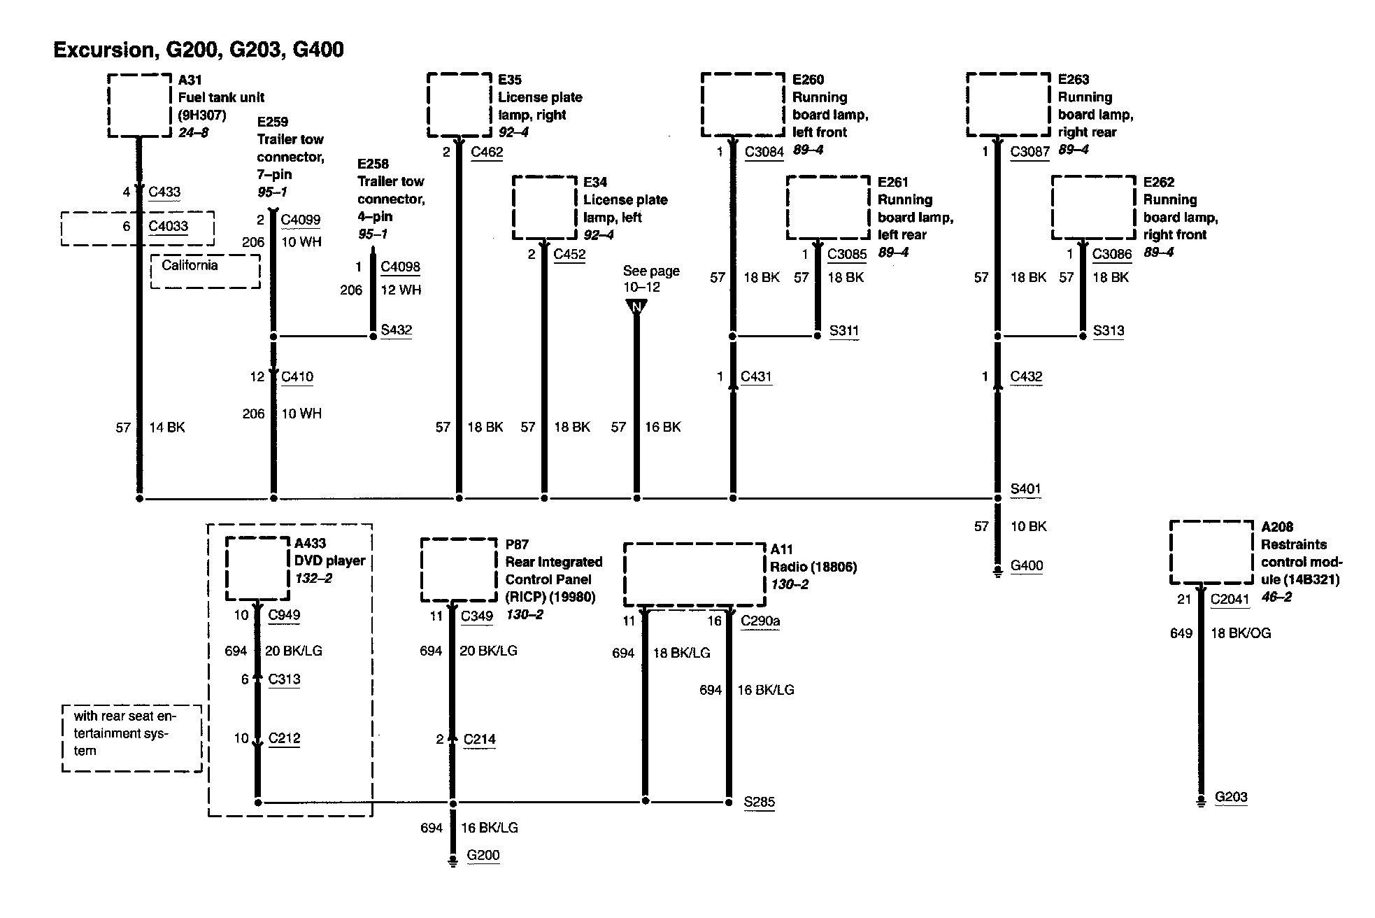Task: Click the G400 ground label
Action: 1027,565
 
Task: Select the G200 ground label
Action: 483,855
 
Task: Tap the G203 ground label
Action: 1231,797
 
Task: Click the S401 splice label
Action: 1025,488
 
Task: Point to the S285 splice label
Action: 759,802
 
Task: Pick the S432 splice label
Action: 396,330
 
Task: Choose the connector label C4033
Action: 169,226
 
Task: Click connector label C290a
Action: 760,620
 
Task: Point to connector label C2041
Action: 1230,598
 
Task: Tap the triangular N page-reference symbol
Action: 636,306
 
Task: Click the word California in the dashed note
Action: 190,265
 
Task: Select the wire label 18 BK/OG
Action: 1241,633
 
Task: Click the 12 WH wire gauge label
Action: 401,290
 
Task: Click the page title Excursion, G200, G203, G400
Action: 199,50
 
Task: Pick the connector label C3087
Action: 1030,151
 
